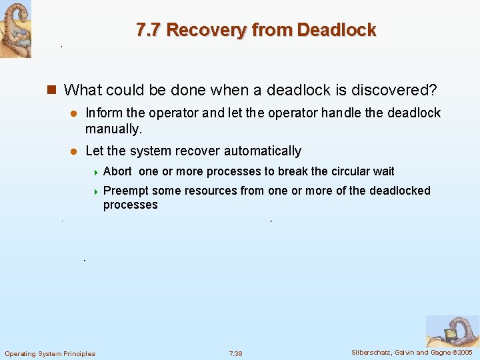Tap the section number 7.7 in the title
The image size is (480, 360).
[149, 30]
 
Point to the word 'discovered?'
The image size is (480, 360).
[397, 89]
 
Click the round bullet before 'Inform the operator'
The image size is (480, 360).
[75, 113]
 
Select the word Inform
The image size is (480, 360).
[103, 113]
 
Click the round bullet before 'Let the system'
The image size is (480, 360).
[75, 151]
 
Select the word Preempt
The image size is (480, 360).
[127, 191]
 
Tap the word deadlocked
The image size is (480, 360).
[399, 191]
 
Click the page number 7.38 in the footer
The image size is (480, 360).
[235, 353]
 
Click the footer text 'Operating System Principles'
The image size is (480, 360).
[50, 353]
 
